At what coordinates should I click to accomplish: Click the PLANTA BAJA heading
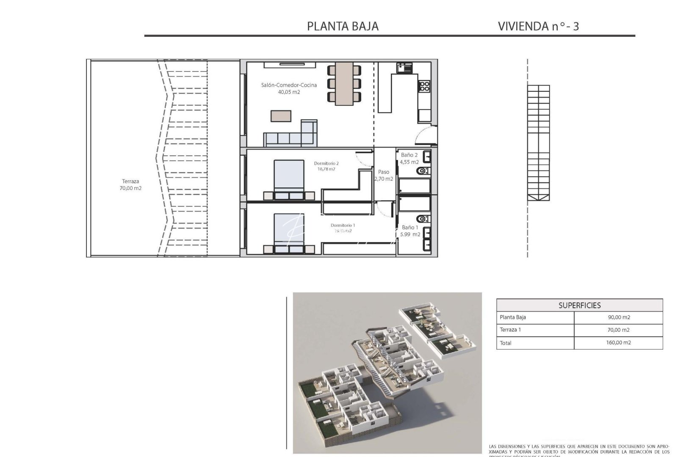tap(343, 26)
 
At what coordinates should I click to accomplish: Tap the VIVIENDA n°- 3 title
tap(538, 26)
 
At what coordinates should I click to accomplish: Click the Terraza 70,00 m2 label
tap(130, 185)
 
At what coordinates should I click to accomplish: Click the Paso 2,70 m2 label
tap(384, 175)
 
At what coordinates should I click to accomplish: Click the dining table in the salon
tap(344, 84)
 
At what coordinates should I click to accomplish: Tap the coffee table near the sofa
tap(281, 116)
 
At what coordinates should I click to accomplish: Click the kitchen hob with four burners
tap(424, 86)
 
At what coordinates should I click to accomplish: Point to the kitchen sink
tap(404, 68)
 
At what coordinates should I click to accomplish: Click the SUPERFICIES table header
tap(579, 305)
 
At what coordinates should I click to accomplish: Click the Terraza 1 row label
tap(510, 330)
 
